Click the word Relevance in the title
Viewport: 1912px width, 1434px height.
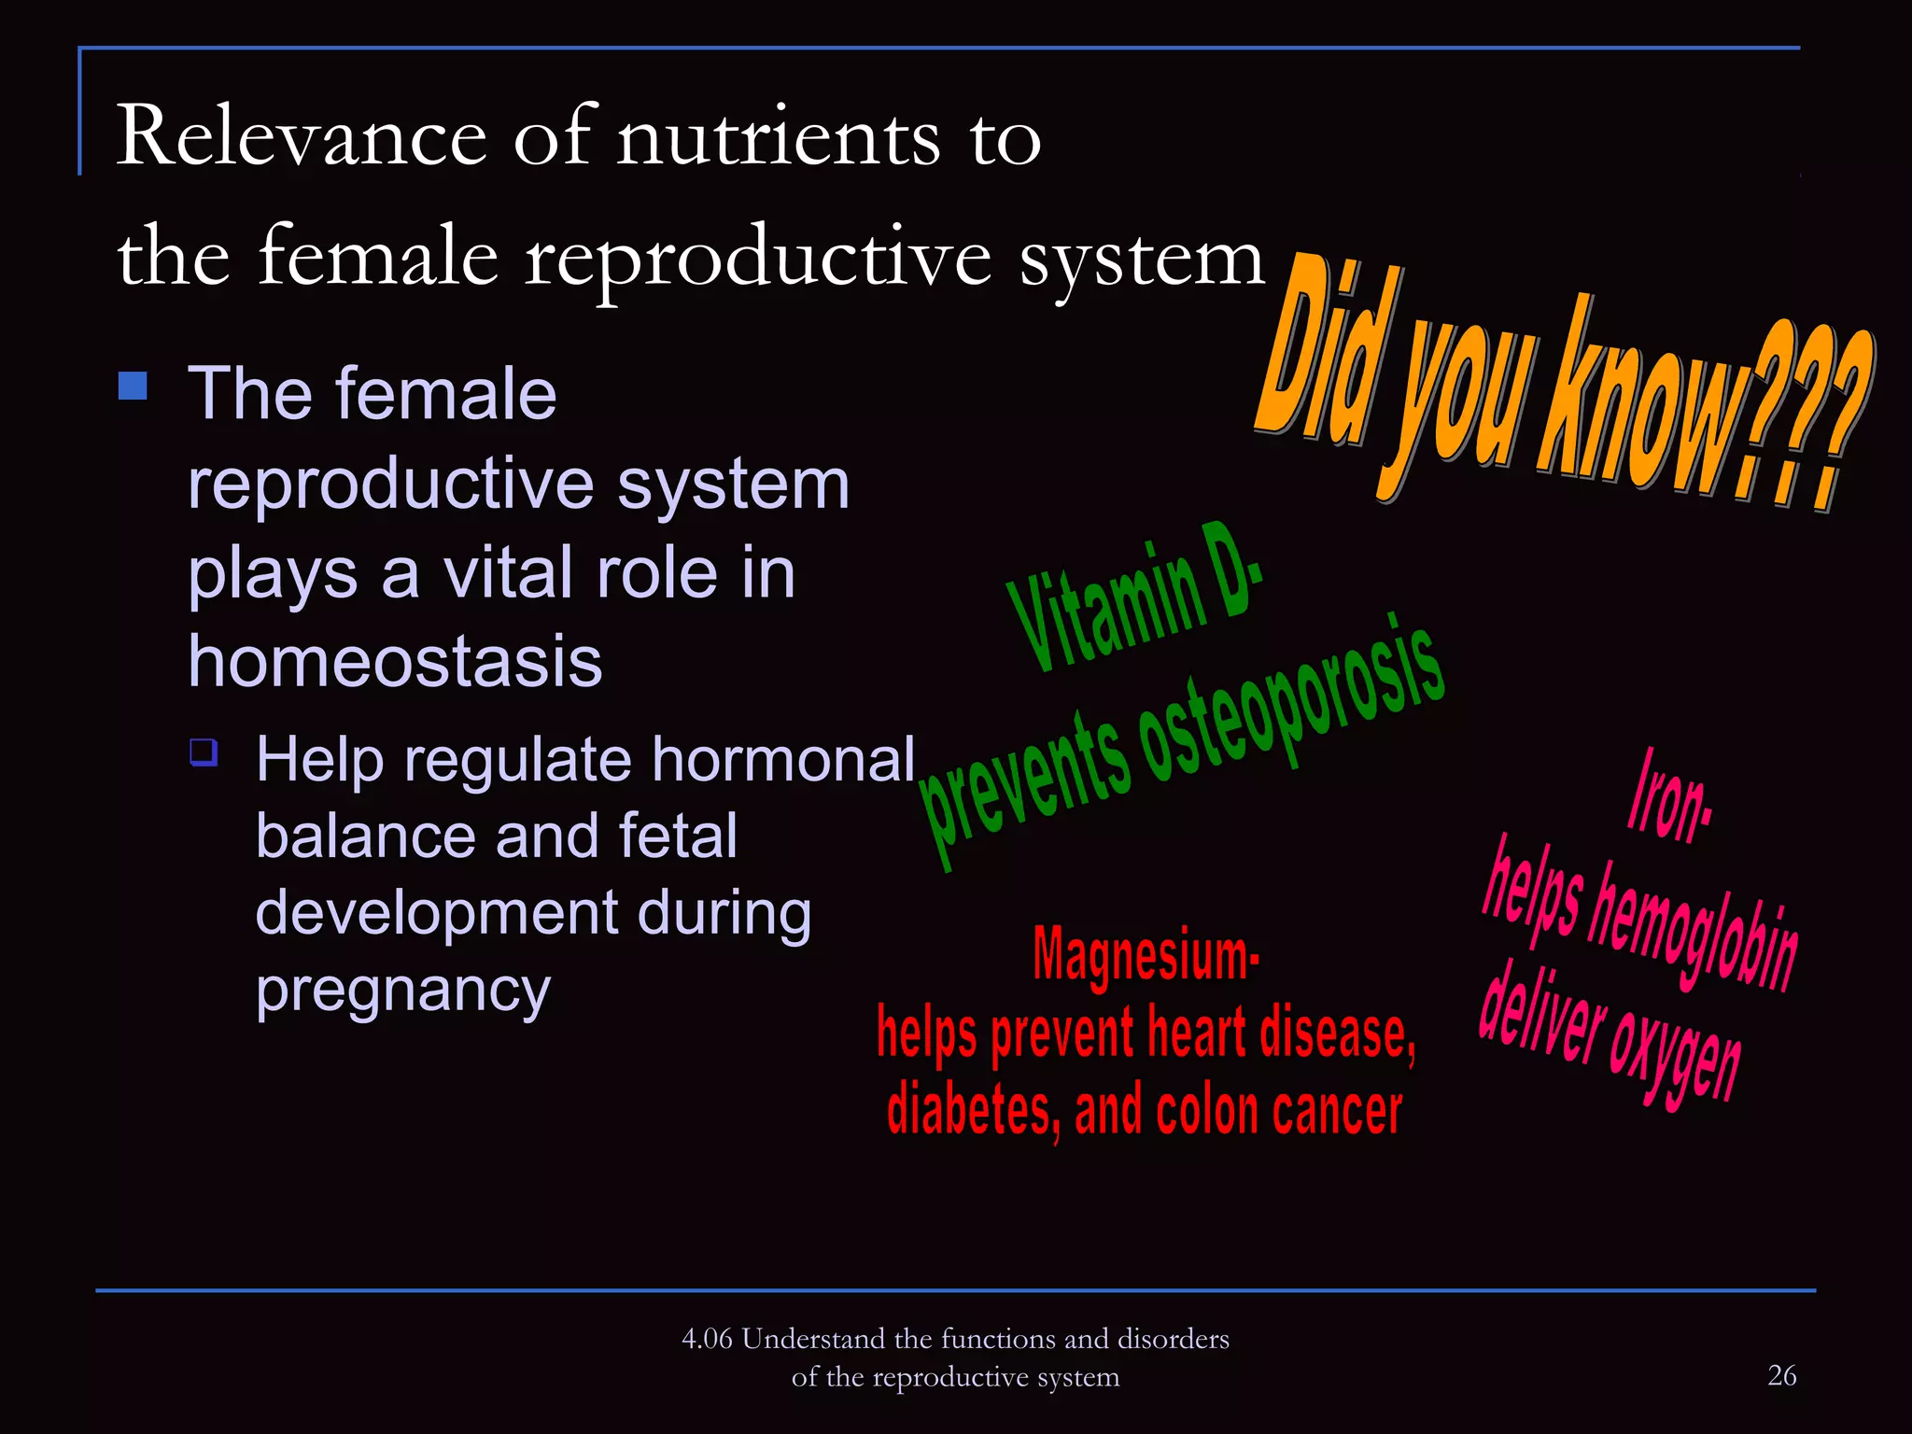pyautogui.click(x=301, y=137)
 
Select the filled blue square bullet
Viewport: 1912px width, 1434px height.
pyautogui.click(x=134, y=386)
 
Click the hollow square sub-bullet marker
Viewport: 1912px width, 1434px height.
pyautogui.click(x=204, y=752)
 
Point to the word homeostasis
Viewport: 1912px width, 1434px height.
pyautogui.click(x=395, y=661)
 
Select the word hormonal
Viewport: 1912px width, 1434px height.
pyautogui.click(x=783, y=758)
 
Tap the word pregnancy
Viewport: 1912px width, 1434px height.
pyautogui.click(x=402, y=991)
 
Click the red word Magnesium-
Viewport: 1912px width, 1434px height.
pyautogui.click(x=1146, y=954)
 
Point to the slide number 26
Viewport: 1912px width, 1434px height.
pyautogui.click(x=1781, y=1375)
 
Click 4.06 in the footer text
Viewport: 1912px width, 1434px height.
pyautogui.click(x=707, y=1339)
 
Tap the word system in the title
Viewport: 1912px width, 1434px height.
pyautogui.click(x=1141, y=259)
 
